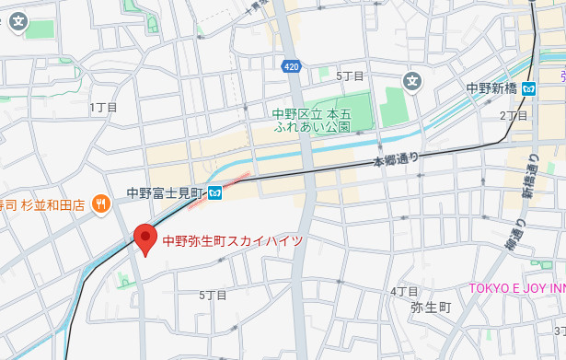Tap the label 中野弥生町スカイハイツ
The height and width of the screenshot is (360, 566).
click(233, 241)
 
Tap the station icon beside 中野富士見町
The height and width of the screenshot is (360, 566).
click(214, 193)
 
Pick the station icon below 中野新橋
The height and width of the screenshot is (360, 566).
click(529, 88)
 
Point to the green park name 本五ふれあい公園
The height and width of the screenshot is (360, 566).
click(307, 121)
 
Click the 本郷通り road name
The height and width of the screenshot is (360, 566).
click(396, 160)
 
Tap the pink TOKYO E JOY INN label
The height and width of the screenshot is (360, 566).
click(517, 288)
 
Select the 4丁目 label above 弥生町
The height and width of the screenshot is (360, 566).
click(405, 291)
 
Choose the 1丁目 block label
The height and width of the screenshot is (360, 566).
click(103, 108)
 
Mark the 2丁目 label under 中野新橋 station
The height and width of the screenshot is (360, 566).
click(514, 115)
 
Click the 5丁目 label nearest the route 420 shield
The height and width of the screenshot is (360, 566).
click(352, 76)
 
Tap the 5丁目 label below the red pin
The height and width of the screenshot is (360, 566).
click(213, 295)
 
